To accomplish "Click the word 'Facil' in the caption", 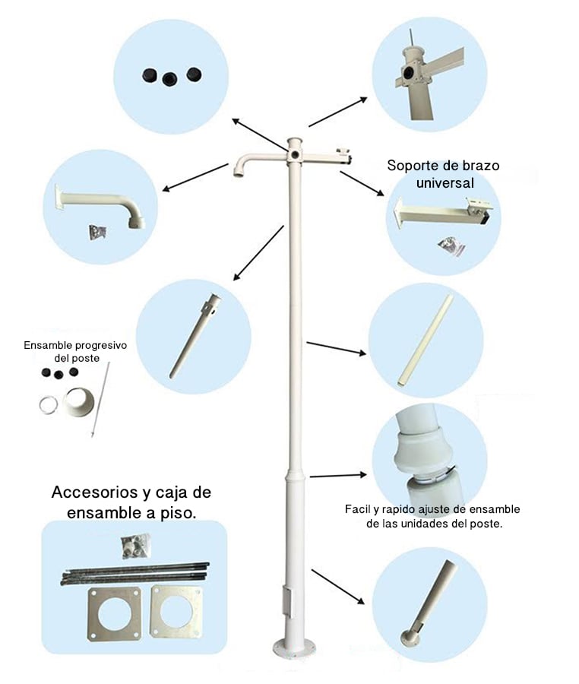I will pos(359,510).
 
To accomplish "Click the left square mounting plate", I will pos(115,612).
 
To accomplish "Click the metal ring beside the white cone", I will pos(49,404).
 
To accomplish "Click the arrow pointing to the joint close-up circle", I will pos(338,476).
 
